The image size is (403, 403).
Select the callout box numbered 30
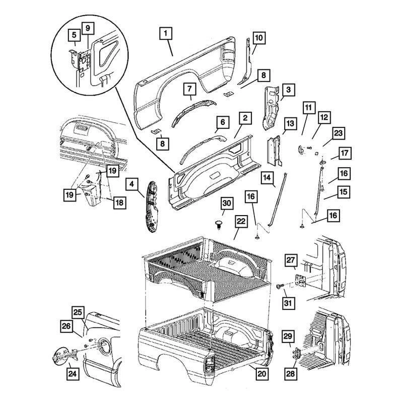[227, 204]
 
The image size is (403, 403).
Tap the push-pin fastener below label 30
[219, 224]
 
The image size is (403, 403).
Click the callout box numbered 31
[288, 303]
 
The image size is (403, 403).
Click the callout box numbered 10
[257, 37]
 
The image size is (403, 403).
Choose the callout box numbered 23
[338, 133]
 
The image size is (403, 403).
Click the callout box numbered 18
[119, 203]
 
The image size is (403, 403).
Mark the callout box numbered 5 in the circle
[74, 36]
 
